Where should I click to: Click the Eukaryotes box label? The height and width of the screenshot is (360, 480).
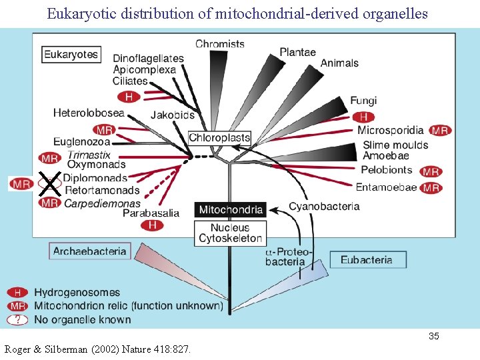coord(71,55)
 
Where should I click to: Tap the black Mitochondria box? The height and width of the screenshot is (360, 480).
coord(231,210)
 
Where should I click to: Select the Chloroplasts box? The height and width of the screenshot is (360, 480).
coord(219,138)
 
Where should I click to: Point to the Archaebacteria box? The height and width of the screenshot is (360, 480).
coord(89,251)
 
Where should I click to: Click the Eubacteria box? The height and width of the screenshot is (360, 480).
coord(366,259)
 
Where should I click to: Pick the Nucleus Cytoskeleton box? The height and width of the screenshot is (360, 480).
coord(231,233)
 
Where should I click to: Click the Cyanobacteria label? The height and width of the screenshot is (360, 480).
coord(324,207)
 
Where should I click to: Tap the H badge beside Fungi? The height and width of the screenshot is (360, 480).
coord(363,116)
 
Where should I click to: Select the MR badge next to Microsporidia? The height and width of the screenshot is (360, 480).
coord(439,131)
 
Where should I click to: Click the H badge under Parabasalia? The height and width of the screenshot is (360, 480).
coord(152,225)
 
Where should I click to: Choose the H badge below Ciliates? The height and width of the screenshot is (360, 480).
coord(129,97)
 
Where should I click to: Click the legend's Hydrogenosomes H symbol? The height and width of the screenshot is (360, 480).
coord(18,293)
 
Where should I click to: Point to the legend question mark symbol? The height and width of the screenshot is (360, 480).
coord(18,319)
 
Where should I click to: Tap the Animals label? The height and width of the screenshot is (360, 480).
coord(339,63)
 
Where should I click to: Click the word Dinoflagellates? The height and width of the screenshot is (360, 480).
coord(148,59)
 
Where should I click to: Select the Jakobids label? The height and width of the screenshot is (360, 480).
coord(173,115)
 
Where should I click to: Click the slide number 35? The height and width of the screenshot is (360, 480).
coord(433,336)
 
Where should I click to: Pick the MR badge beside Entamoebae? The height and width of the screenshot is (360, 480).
coord(431,188)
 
